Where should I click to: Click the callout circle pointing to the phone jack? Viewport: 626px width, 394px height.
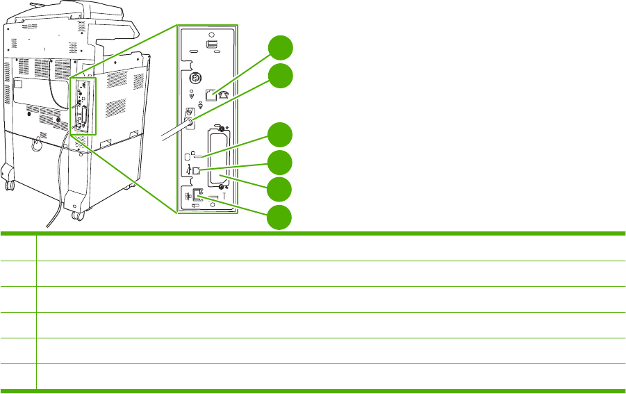(280, 49)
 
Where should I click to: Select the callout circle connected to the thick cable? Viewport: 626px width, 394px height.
(280, 76)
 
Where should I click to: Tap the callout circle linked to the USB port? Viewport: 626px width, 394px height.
(280, 163)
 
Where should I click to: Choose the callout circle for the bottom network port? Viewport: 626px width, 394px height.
(280, 217)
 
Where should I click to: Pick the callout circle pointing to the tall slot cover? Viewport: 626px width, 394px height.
(280, 190)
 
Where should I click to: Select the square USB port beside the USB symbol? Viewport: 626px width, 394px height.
(199, 169)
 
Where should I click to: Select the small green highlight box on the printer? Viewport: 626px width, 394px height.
(83, 105)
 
